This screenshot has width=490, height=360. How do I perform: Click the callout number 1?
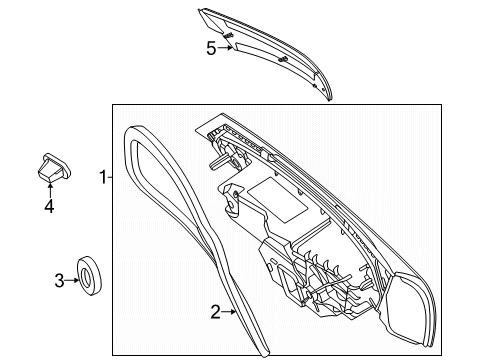103,177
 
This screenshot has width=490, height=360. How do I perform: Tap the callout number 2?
216,312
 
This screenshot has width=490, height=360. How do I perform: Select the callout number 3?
59,281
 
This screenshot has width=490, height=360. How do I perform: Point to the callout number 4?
49,206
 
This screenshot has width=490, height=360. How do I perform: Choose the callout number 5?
211,49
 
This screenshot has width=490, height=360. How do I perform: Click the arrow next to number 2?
229,312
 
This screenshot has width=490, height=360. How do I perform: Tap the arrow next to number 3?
72,280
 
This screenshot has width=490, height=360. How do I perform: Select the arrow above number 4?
50,189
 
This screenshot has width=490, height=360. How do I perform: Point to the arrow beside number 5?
225,48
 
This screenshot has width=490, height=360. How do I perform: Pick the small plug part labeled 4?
53,168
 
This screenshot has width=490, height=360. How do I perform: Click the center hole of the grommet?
86,276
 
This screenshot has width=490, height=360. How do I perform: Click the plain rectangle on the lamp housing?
278,200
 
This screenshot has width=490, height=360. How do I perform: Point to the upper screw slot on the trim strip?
228,35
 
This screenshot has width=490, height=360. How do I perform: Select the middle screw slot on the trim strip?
283,59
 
